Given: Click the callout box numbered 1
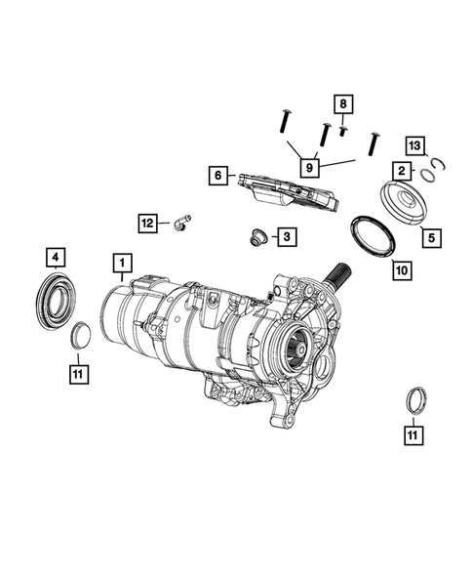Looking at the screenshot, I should point(122,263).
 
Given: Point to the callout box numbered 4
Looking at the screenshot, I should point(57,258).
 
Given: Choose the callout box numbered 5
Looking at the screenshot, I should point(429,235).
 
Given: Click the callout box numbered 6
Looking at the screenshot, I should point(218,176).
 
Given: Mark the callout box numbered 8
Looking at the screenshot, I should point(342,103).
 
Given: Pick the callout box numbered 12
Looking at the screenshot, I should point(147,224).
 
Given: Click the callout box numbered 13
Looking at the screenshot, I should point(415,145).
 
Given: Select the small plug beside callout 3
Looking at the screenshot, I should point(258,236).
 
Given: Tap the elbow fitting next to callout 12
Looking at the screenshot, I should point(178,225).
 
